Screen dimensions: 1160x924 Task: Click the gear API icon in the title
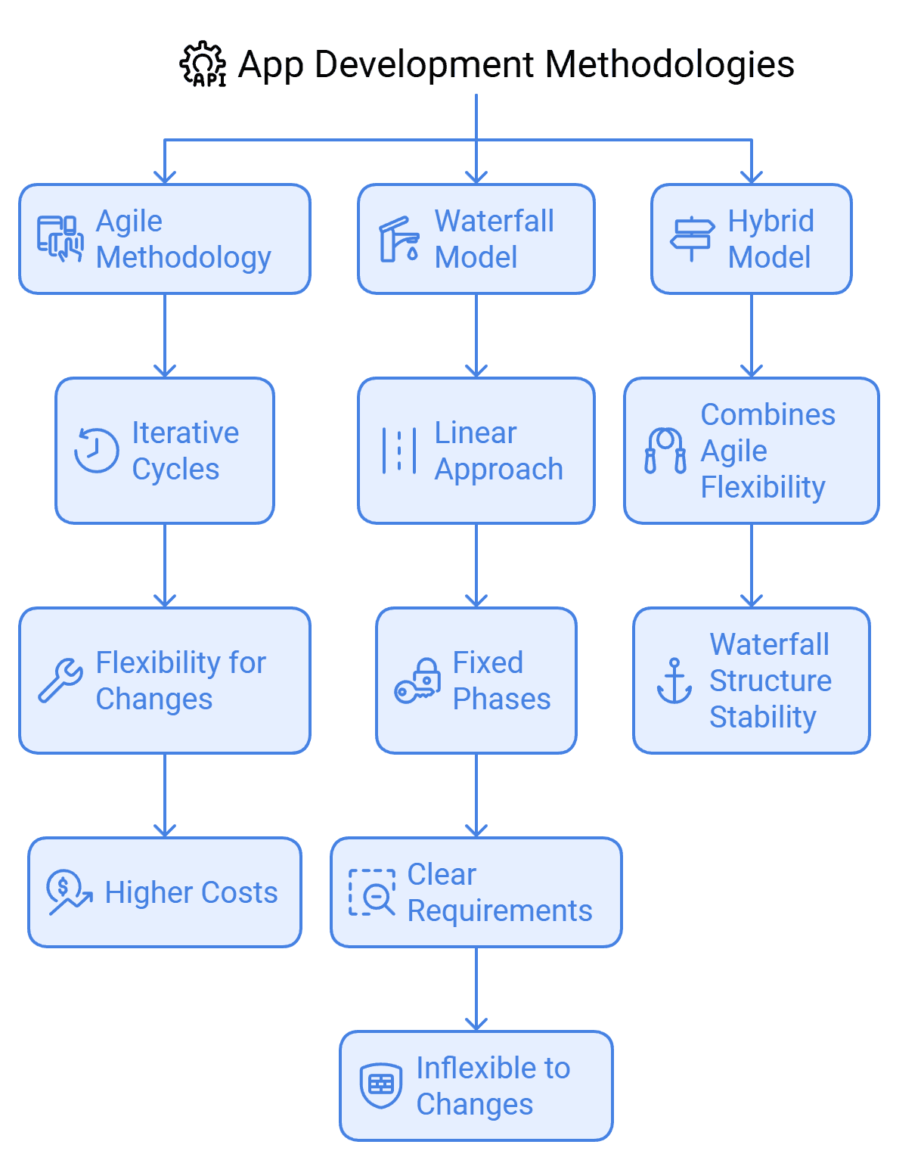[203, 65]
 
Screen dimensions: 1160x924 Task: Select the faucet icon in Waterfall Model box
[398, 239]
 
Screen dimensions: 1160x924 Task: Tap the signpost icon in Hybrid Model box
[692, 239]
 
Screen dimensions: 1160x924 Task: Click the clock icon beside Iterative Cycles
[96, 451]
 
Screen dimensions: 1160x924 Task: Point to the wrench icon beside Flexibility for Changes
[60, 680]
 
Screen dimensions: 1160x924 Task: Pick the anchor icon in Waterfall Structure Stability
[674, 681]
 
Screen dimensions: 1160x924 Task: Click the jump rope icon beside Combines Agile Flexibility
[665, 451]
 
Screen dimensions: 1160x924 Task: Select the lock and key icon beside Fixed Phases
[417, 681]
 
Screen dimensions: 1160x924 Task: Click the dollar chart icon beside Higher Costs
[69, 892]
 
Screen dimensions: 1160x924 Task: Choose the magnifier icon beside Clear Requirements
[371, 892]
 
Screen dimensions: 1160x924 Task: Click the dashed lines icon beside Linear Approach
[398, 451]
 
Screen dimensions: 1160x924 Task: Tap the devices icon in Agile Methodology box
[60, 239]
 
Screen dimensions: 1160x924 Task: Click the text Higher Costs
[191, 892]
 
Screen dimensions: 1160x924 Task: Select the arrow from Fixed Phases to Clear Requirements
[476, 795]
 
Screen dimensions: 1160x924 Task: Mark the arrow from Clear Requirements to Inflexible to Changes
[476, 988]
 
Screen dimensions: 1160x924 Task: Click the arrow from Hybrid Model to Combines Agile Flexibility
[752, 336]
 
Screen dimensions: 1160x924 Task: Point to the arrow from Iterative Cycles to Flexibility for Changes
[165, 565]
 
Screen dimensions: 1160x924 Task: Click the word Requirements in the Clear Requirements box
[499, 910]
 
